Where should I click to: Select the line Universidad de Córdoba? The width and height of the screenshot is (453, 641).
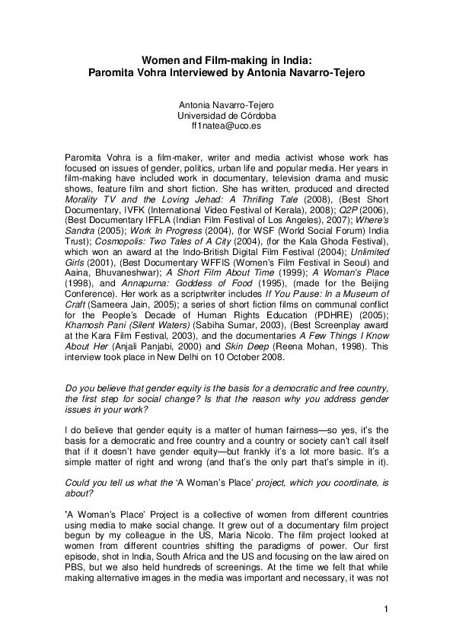(x=226, y=115)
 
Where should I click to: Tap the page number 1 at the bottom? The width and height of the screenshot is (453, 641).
(x=387, y=609)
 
